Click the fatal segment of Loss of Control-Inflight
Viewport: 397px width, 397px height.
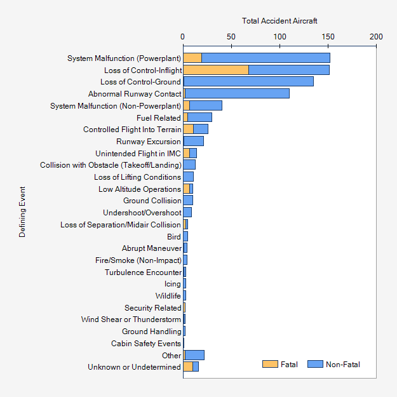(215, 70)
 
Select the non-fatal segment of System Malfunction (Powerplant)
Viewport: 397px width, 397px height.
(266, 58)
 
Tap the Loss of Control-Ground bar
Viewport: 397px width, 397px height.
(248, 82)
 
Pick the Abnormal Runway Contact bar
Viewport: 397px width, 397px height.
(236, 93)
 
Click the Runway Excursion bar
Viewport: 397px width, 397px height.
(193, 141)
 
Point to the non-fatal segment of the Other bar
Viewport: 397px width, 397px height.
(194, 355)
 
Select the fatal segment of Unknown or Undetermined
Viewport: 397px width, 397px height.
(188, 367)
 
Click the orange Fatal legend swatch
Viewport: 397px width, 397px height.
(270, 364)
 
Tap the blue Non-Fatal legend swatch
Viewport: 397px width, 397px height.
(315, 364)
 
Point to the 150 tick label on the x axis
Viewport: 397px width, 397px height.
(328, 37)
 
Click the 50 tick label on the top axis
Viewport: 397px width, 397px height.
(231, 37)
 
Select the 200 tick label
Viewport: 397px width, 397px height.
(376, 37)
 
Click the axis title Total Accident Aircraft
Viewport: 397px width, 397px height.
(279, 21)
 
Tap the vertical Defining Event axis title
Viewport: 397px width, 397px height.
(22, 212)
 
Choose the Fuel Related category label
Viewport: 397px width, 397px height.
(159, 118)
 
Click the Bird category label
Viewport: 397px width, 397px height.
(173, 236)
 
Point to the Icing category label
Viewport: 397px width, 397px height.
(172, 284)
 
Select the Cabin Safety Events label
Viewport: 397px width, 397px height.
(146, 344)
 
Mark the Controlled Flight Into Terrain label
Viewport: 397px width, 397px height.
(132, 130)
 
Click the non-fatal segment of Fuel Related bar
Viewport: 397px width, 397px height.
(200, 118)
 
